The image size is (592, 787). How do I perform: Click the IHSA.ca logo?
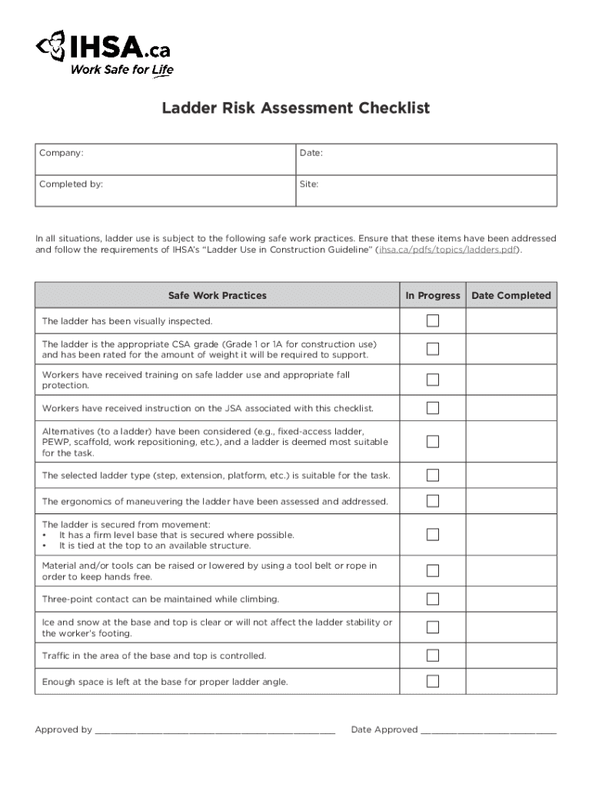pos(103,51)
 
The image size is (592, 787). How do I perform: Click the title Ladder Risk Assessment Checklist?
pos(295,108)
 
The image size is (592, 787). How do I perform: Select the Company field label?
pos(62,154)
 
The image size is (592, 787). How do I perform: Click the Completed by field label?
pos(72,184)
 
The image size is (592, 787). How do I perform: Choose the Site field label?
pos(309,184)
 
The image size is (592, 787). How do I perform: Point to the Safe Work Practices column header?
pos(218,295)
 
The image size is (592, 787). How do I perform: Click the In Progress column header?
pos(433,295)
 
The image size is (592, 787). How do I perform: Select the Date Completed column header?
pos(511,295)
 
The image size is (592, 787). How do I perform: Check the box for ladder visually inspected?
pos(433,320)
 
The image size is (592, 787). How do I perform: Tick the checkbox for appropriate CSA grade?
pos(433,349)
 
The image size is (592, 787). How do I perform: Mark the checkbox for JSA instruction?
pos(433,407)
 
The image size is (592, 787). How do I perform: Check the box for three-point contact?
pos(433,599)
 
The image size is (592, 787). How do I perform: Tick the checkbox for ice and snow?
pos(433,627)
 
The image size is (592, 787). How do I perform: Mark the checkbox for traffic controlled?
pos(433,656)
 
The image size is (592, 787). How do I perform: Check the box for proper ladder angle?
pos(433,681)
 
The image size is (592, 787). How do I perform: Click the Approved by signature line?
pos(215,731)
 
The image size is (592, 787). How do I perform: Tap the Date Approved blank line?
pos(488,731)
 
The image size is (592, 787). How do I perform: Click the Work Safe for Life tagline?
pos(122,71)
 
